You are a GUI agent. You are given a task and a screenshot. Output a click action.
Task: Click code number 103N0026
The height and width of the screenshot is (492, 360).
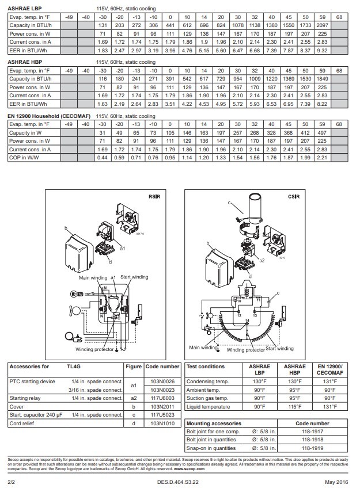pos(162,381)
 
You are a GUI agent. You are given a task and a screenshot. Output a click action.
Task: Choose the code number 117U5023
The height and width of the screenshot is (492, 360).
pos(162,414)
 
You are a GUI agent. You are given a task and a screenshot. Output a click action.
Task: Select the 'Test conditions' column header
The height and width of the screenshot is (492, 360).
pos(206,367)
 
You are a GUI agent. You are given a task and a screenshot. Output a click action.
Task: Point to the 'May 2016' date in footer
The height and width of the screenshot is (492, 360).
pos(337,480)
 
